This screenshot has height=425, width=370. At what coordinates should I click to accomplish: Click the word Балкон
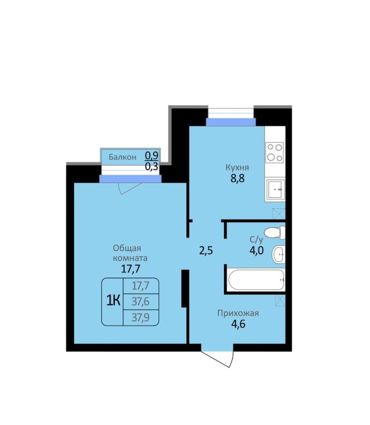click(x=123, y=157)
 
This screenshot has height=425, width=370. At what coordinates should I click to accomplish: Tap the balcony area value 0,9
click(x=152, y=156)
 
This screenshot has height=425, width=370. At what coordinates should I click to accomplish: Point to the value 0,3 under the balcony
click(x=152, y=166)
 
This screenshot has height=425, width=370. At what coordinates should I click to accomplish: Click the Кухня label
click(x=237, y=167)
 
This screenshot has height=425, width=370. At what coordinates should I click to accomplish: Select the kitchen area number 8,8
click(x=238, y=179)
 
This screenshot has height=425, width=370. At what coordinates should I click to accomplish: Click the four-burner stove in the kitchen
click(x=275, y=153)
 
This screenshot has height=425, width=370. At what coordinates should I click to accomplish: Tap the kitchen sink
click(x=275, y=189)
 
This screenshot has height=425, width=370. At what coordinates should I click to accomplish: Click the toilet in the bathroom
click(x=274, y=233)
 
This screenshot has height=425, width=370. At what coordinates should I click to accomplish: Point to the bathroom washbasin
click(x=278, y=254)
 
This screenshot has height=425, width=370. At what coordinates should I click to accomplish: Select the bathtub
click(x=256, y=280)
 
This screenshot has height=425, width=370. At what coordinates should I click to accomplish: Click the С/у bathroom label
click(x=256, y=240)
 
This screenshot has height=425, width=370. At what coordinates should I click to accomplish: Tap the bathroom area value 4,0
click(x=257, y=251)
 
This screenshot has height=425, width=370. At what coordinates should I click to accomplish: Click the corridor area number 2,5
click(x=206, y=251)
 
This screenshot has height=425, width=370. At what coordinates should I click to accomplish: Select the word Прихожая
click(x=238, y=313)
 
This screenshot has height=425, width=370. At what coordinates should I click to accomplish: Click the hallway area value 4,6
click(x=238, y=324)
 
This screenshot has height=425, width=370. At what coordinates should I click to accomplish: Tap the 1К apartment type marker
click(x=113, y=301)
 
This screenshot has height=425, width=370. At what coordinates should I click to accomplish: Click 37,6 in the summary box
click(x=141, y=301)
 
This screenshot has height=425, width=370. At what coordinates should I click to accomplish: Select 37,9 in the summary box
click(x=141, y=317)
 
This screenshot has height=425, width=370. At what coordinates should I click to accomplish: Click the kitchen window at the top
click(x=231, y=117)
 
